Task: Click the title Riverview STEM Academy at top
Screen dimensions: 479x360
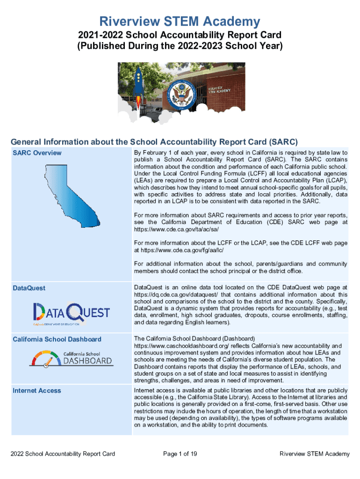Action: pyautogui.click(x=180, y=21)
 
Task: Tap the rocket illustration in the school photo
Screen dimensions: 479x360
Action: pyautogui.click(x=138, y=84)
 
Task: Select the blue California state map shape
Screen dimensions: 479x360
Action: pyautogui.click(x=75, y=189)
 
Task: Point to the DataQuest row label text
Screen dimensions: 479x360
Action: pyautogui.click(x=29, y=288)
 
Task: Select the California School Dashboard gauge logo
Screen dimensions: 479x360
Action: pyautogui.click(x=71, y=358)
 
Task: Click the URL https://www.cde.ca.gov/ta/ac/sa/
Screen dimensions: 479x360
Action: pyautogui.click(x=176, y=230)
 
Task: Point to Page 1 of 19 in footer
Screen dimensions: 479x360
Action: pyautogui.click(x=180, y=454)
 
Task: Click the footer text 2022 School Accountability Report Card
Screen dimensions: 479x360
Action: pyautogui.click(x=63, y=454)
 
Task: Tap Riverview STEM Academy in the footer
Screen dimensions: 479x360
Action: pyautogui.click(x=314, y=454)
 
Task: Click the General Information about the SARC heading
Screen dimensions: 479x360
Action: pyautogui.click(x=154, y=142)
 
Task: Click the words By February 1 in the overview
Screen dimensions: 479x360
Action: pyautogui.click(x=153, y=153)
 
